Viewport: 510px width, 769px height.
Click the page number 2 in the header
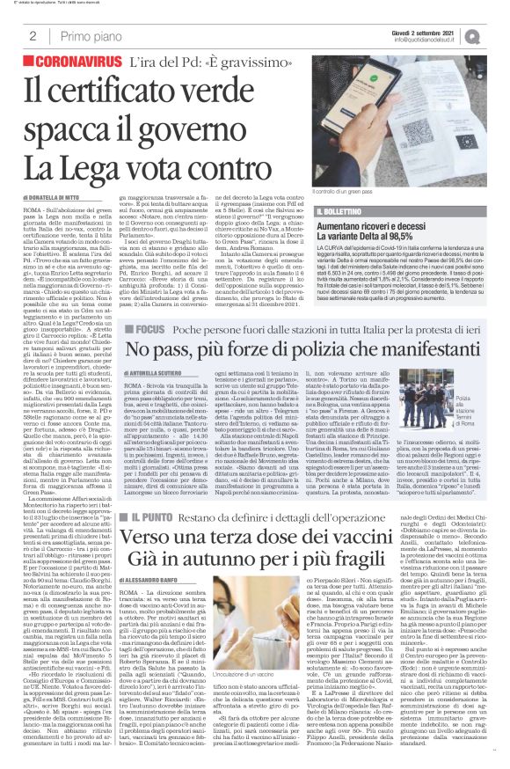(x=33, y=36)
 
